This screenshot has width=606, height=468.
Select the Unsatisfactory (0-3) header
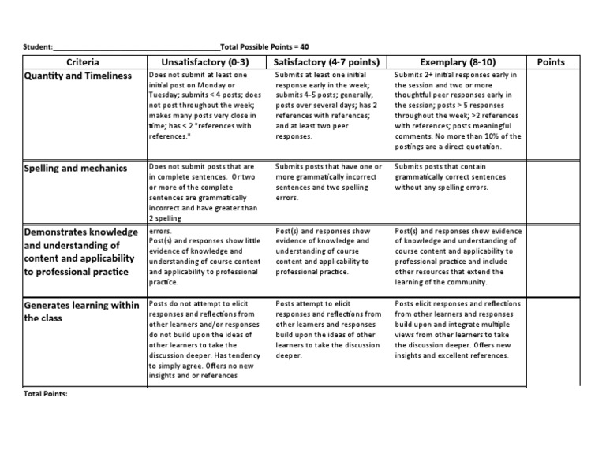tap(205, 61)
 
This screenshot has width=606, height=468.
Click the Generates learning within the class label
tap(82, 311)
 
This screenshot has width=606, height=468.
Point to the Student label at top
tap(39, 47)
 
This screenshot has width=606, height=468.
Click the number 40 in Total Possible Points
tap(304, 47)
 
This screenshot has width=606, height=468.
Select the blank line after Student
tap(138, 47)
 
